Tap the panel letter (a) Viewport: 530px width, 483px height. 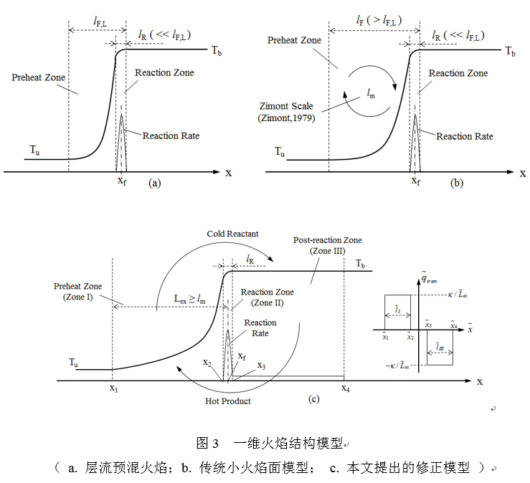click(153, 183)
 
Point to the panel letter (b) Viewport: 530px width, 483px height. click(456, 183)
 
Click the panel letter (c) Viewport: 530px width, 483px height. click(313, 400)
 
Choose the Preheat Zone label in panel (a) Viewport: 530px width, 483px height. click(39, 77)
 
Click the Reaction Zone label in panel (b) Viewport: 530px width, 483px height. click(458, 73)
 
